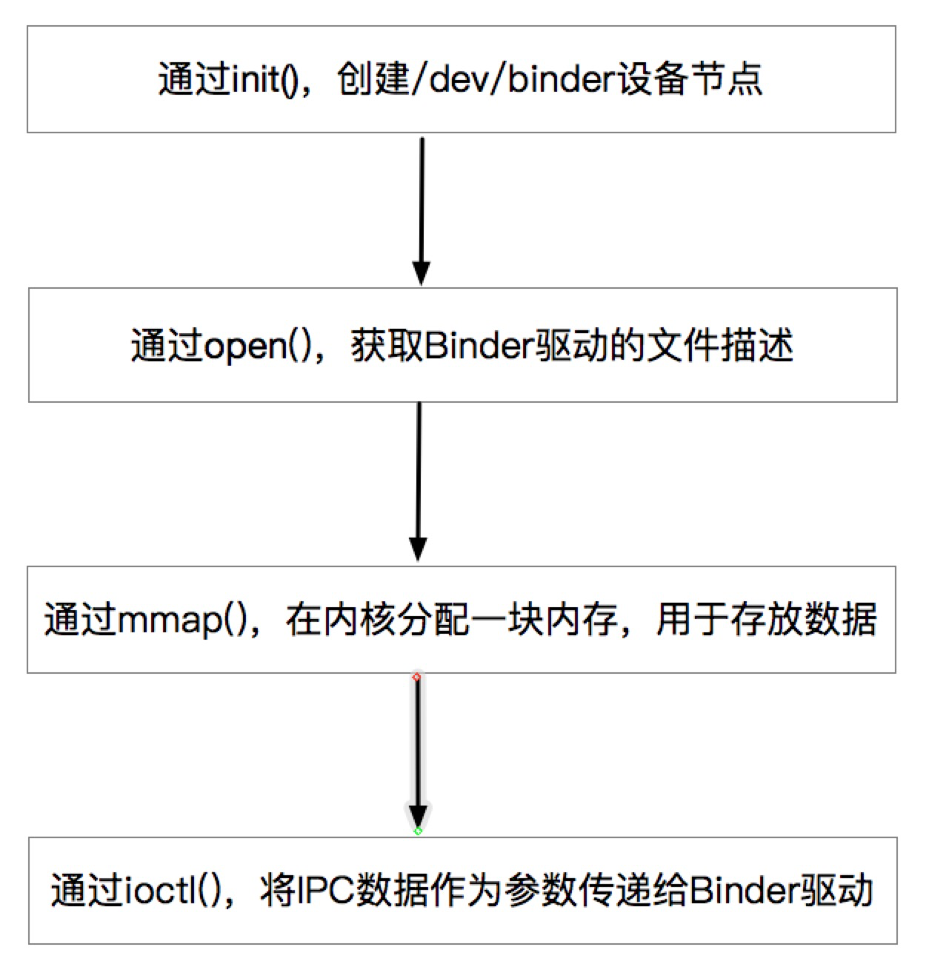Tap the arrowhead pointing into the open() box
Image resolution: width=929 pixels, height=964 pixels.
click(x=421, y=273)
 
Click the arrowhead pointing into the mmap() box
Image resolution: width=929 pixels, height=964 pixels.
click(x=419, y=549)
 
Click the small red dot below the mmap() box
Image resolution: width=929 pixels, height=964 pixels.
click(x=416, y=677)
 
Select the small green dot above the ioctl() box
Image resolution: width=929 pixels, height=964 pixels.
click(x=418, y=831)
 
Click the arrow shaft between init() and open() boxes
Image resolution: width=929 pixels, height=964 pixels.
click(x=422, y=200)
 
